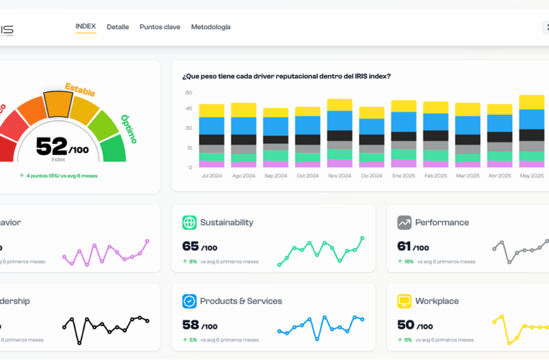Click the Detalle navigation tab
pos(117,27)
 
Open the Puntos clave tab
pos(160,27)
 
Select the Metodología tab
pos(211,27)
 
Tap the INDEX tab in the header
pos(85,27)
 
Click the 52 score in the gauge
pos(52,147)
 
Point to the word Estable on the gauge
pos(80,90)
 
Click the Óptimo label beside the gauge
pos(129,129)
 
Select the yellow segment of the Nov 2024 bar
pos(339,105)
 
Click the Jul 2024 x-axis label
pos(211,176)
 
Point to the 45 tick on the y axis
pos(188,108)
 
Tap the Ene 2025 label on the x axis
pos(403,176)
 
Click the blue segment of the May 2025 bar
pos(531,119)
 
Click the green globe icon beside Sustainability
pos(189,222)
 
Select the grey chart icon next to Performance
pos(404,222)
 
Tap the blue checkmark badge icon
pos(189,301)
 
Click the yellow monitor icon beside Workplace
pos(404,301)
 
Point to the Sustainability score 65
pos(191,246)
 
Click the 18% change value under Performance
pos(409,261)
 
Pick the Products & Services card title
pos(241,301)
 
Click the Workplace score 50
pos(406,325)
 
